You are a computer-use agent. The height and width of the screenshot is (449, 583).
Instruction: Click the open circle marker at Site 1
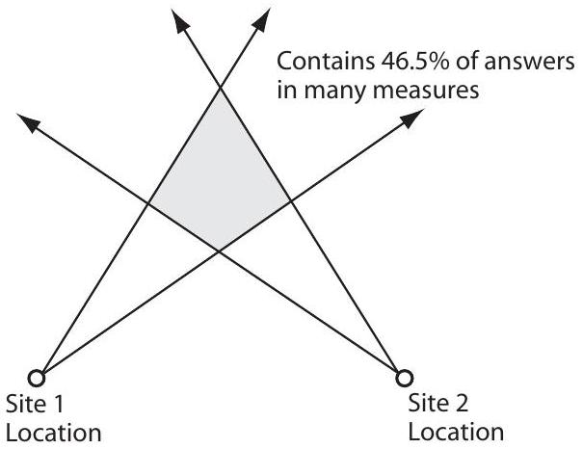37,376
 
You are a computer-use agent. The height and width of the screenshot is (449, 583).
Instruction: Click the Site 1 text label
36,401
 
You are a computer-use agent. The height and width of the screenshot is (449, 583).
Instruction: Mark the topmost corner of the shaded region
221,88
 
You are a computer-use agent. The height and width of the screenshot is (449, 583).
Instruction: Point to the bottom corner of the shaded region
220,251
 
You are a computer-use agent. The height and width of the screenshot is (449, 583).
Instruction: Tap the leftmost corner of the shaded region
147,202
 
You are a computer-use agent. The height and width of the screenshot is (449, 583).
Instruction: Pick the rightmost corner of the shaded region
292,202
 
